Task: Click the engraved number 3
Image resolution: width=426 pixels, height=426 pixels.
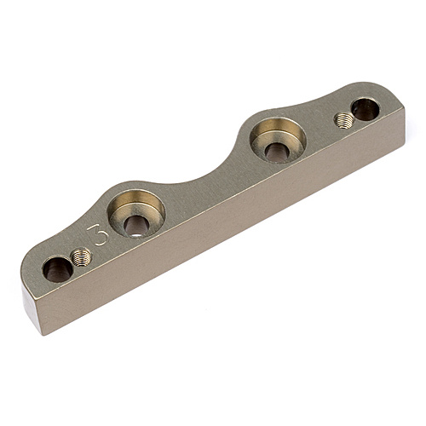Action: [x=101, y=234]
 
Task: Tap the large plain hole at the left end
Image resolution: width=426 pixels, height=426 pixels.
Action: [x=58, y=268]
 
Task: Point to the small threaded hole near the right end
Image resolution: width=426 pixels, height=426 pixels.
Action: [x=343, y=120]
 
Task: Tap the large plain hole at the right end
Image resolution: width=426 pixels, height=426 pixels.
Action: [x=366, y=109]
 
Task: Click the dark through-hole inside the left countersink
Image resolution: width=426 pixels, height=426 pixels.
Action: [x=136, y=226]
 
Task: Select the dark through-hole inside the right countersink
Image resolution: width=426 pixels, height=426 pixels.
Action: [x=277, y=151]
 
